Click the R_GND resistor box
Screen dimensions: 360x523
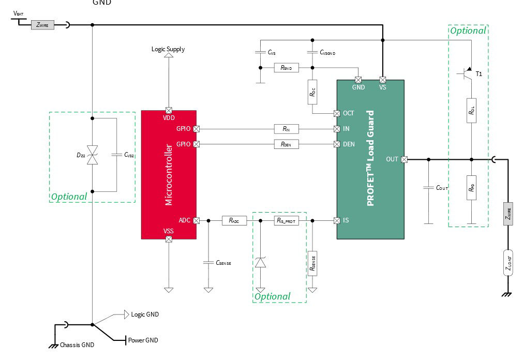[286, 68]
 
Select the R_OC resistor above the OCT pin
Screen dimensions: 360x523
[312, 92]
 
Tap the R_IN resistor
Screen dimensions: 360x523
[286, 129]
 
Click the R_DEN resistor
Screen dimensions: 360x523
[286, 144]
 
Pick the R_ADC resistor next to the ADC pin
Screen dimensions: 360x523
[234, 220]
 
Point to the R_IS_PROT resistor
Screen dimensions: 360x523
[286, 220]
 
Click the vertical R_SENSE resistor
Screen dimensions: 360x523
[312, 263]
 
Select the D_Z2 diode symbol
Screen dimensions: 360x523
[92, 155]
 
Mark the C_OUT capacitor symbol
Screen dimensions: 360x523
[428, 187]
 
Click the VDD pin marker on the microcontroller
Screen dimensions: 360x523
[169, 110]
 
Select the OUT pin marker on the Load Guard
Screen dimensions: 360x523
[405, 159]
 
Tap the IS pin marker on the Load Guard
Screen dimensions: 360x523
[337, 220]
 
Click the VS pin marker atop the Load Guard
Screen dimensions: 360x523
[383, 80]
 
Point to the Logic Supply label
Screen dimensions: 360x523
[168, 49]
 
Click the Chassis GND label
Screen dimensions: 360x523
[77, 345]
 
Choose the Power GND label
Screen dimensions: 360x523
[143, 340]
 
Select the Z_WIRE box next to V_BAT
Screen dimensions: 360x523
[42, 24]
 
